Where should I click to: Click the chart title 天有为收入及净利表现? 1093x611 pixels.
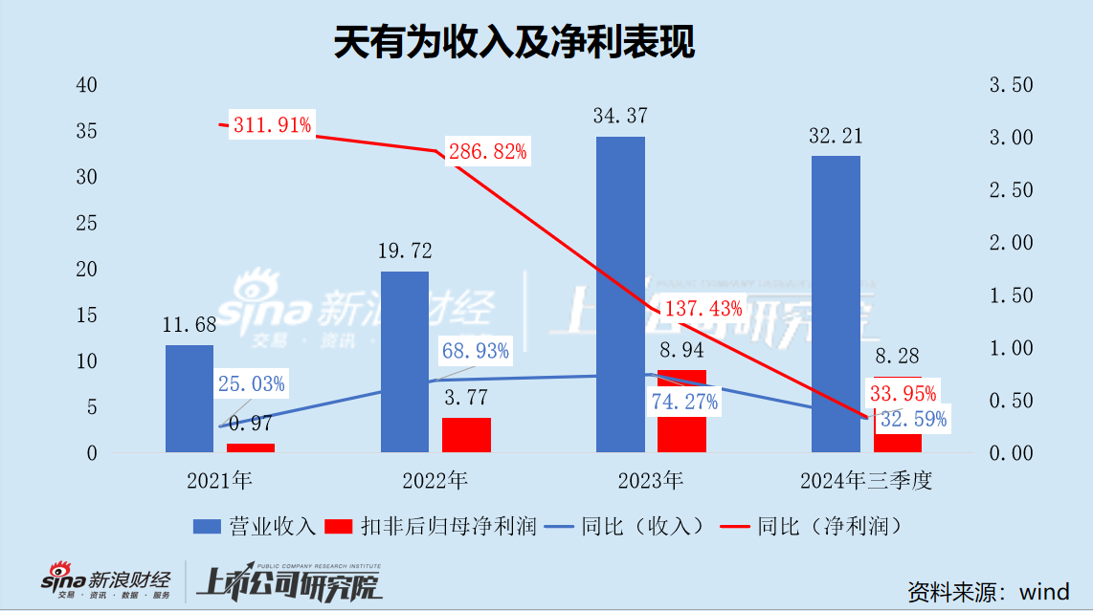pyautogui.click(x=514, y=43)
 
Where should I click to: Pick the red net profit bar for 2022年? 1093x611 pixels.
pyautogui.click(x=466, y=434)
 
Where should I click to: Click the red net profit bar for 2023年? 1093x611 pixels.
pyautogui.click(x=681, y=411)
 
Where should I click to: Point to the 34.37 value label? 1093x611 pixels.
pyautogui.click(x=620, y=117)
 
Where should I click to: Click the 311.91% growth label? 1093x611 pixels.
pyautogui.click(x=272, y=124)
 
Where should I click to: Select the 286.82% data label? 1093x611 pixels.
pyautogui.click(x=487, y=151)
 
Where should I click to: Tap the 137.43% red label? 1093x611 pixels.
pyautogui.click(x=702, y=308)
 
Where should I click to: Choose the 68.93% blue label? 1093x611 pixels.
pyautogui.click(x=475, y=351)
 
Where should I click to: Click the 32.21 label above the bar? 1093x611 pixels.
pyautogui.click(x=836, y=136)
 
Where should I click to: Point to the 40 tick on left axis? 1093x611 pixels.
pyautogui.click(x=87, y=85)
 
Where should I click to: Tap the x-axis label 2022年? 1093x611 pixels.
pyautogui.click(x=435, y=480)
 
